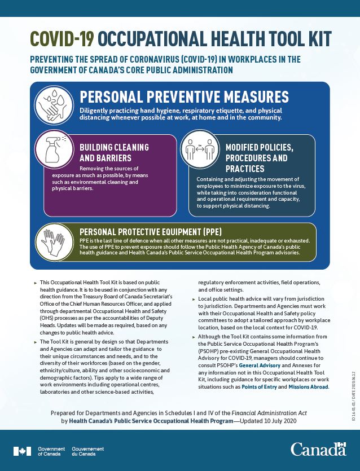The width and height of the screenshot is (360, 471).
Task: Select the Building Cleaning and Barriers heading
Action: pos(114,152)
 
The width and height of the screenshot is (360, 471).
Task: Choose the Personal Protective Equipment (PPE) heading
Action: pos(151,232)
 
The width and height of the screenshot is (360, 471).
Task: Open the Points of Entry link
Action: pos(266,387)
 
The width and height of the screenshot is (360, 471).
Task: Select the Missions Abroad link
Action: pos(308,387)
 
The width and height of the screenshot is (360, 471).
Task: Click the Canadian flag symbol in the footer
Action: pos(23,451)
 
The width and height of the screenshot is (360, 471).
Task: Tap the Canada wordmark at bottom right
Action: pos(318,450)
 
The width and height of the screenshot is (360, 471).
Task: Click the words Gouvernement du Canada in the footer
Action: pos(87,451)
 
